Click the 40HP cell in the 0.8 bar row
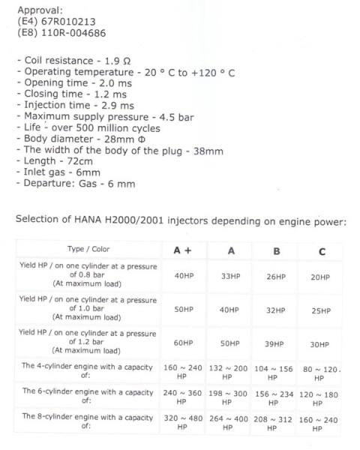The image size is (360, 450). [x=184, y=277]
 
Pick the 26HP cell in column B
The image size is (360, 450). [x=277, y=277]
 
